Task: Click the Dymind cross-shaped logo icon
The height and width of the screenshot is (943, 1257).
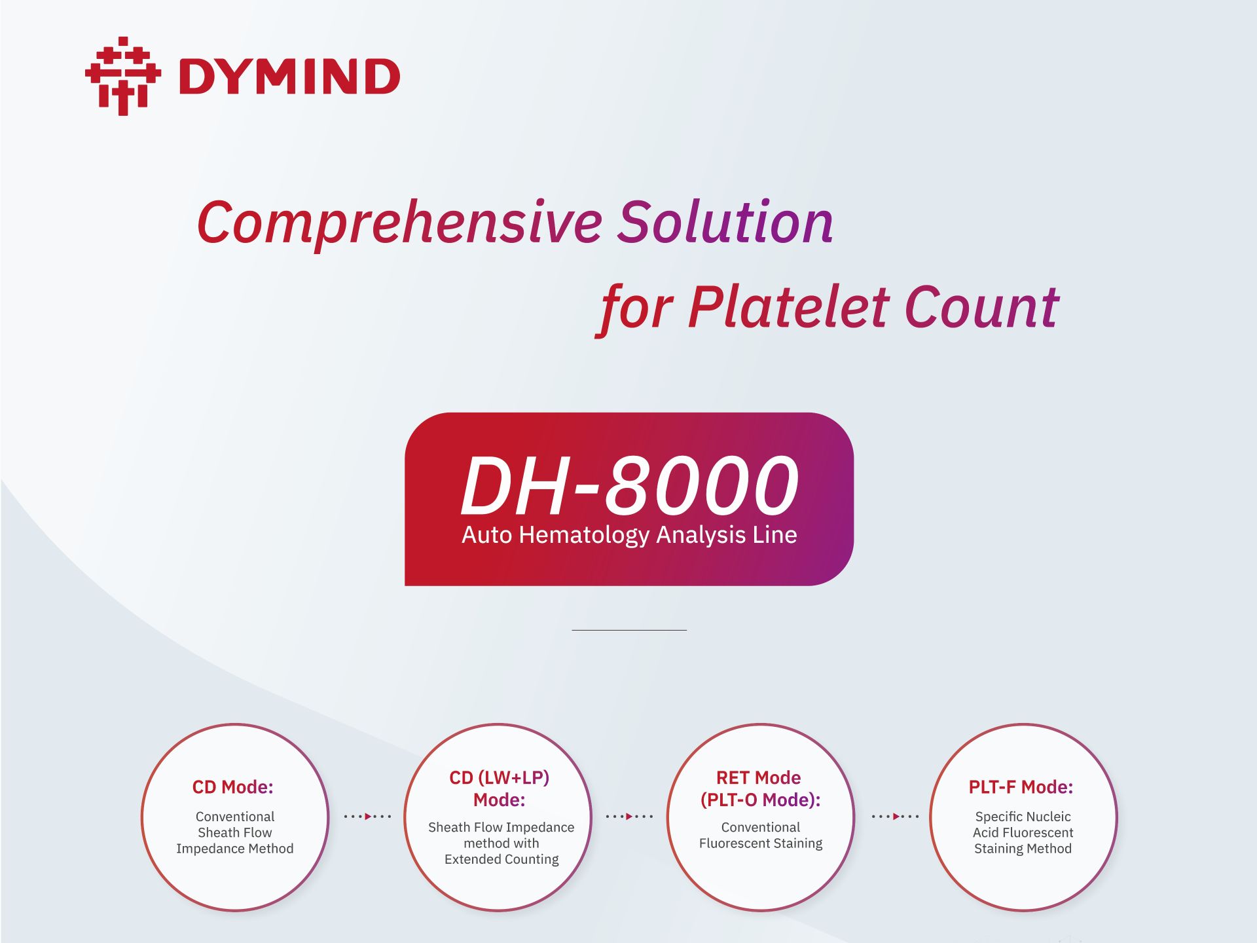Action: pos(123,76)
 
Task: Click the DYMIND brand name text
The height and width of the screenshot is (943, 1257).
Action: pos(289,77)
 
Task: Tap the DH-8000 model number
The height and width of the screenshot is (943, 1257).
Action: pos(630,485)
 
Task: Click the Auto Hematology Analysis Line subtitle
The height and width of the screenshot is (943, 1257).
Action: pos(629,536)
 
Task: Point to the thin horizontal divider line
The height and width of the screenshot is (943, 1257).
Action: pos(629,630)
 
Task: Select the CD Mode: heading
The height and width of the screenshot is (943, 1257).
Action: pos(232,787)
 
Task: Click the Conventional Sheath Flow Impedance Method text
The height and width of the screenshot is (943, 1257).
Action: pos(235,832)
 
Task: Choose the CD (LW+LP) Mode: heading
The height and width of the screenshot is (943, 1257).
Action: pos(500,788)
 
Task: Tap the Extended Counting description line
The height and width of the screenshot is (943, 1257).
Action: pos(501,859)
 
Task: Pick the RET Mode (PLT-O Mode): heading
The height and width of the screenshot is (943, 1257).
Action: pos(760,788)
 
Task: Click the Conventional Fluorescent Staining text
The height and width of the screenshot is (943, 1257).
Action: pos(761,836)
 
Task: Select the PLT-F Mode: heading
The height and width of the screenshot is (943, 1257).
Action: pos(1021,787)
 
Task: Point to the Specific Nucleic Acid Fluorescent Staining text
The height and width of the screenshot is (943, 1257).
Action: pos(1023,832)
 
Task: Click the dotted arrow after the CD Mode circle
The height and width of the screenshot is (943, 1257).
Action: pos(367,817)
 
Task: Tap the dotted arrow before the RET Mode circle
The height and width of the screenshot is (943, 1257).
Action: pos(629,817)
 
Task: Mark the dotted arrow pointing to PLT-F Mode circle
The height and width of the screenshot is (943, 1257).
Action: pos(895,817)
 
